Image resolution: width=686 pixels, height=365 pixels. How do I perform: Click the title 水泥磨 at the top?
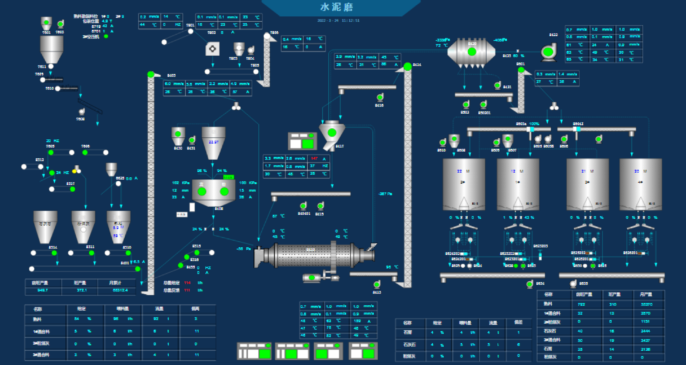click(337, 7)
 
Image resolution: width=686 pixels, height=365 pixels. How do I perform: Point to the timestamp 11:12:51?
click(351, 20)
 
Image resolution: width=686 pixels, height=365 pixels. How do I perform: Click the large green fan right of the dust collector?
click(548, 52)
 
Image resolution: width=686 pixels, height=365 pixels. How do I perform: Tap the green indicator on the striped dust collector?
click(472, 52)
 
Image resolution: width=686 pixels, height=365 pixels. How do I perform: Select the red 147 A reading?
click(314, 158)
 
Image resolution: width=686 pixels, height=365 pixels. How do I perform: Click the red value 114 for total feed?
click(187, 283)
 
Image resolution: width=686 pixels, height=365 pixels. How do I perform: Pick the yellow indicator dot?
click(74, 171)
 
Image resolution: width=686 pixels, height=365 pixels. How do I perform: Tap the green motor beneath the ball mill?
click(312, 277)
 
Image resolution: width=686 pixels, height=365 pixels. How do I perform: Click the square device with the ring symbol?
click(212, 49)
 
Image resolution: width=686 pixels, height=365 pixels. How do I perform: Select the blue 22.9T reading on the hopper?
click(213, 142)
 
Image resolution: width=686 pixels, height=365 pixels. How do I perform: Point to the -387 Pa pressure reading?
click(385, 194)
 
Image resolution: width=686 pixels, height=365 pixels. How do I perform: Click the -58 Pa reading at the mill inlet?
click(243, 248)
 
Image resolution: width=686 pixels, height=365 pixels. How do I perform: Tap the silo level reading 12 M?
click(517, 171)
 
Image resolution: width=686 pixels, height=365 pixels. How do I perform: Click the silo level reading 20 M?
click(640, 171)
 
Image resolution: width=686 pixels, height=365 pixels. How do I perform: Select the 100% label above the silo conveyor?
click(534, 124)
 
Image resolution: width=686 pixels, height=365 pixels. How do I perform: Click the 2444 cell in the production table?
click(645, 331)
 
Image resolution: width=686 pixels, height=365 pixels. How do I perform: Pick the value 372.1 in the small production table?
click(81, 290)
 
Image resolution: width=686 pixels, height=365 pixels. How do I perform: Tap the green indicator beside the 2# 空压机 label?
click(106, 36)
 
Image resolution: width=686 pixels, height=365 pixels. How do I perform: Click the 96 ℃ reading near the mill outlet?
click(392, 267)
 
